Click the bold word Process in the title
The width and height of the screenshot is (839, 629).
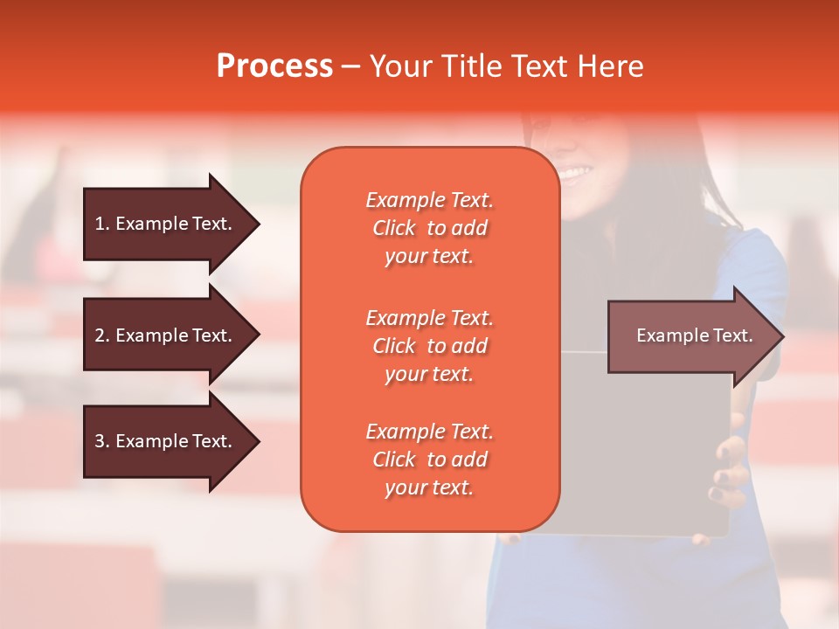click(274, 66)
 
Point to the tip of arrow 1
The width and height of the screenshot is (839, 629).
click(258, 224)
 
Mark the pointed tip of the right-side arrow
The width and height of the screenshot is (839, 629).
click(782, 336)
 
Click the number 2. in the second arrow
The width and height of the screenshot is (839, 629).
click(102, 335)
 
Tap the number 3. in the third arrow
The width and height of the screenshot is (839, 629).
click(102, 441)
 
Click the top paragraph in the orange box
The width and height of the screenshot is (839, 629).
click(429, 228)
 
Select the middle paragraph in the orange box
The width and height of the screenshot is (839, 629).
click(429, 346)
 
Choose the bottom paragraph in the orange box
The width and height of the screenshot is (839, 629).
click(429, 460)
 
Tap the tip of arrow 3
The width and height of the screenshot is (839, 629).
click(258, 441)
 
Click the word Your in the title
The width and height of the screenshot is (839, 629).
click(400, 66)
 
